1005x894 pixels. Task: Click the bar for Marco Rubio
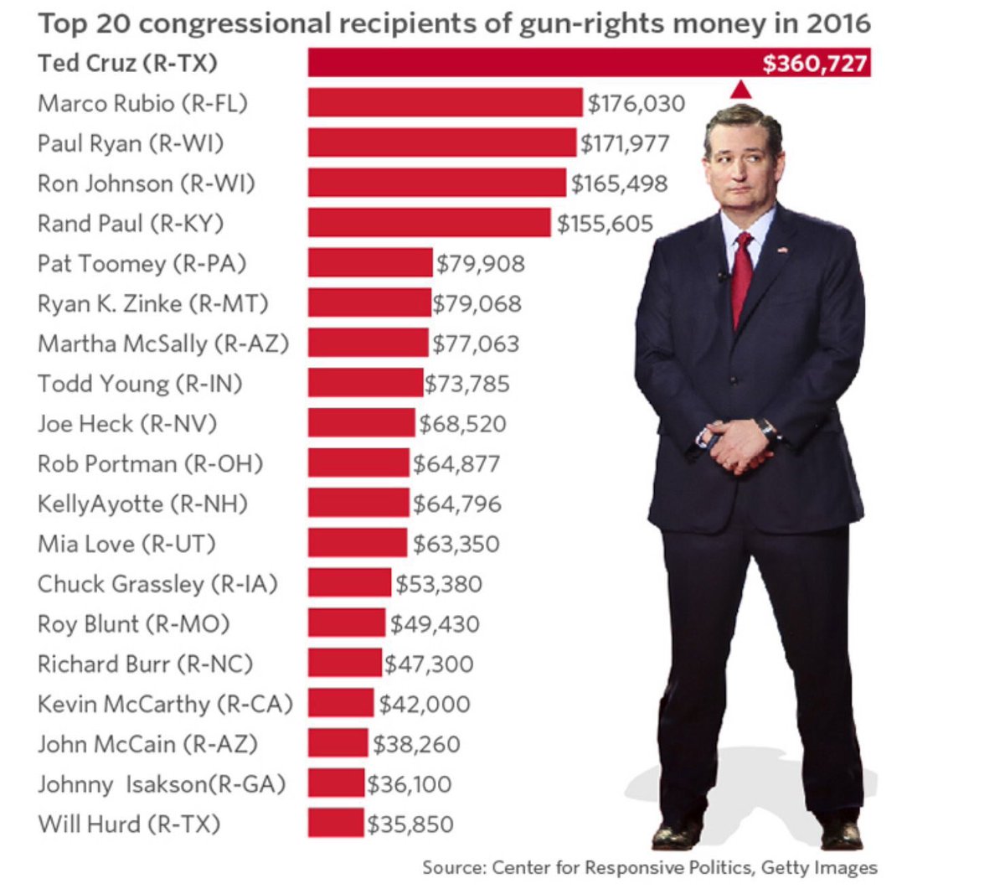[445, 102]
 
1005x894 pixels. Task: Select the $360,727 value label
[814, 64]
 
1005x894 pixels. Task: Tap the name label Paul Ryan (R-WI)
[131, 143]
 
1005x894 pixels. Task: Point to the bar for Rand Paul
[430, 223]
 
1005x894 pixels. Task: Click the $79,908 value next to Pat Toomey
[481, 264]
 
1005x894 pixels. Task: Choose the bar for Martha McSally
[368, 343]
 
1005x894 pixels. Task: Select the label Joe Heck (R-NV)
[127, 423]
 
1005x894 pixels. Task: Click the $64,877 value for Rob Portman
[456, 464]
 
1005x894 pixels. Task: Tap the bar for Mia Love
[358, 543]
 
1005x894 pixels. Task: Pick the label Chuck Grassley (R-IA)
[157, 584]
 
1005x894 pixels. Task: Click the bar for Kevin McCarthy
[341, 703]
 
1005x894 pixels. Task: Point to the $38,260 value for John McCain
[416, 744]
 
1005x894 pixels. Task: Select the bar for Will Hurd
[336, 823]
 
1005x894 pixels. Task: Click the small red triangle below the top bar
[740, 90]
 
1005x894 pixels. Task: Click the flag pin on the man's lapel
[782, 250]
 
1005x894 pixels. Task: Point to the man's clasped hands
[737, 443]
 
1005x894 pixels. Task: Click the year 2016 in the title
[838, 23]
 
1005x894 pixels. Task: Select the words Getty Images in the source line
[819, 867]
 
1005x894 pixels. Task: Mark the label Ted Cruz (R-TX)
[127, 63]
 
